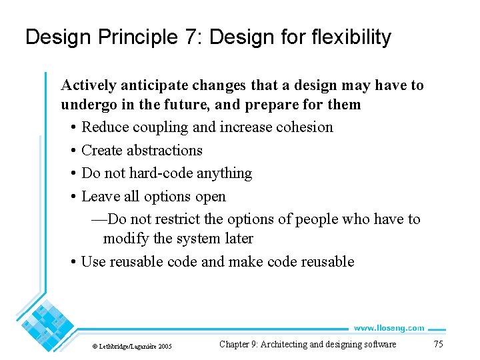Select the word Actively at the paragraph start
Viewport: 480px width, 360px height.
[x=87, y=85]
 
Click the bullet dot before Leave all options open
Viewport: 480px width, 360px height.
[x=73, y=197]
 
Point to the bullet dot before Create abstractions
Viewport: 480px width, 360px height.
[x=73, y=151]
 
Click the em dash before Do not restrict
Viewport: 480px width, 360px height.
[x=99, y=219]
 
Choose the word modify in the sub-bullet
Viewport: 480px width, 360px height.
[x=125, y=238]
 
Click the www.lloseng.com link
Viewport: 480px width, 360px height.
[x=388, y=327]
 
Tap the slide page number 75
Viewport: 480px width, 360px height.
[x=438, y=344]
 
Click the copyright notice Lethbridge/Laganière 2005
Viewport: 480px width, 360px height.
[x=131, y=346]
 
